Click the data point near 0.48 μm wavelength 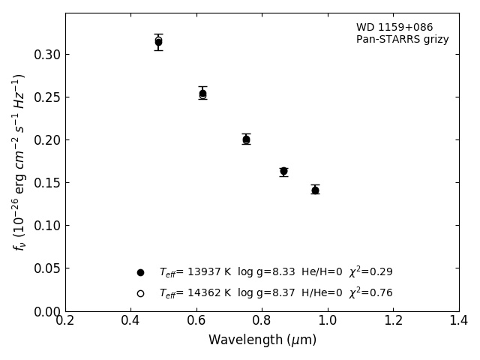click(x=158, y=42)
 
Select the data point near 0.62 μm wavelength click(x=202, y=94)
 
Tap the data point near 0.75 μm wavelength click(x=246, y=139)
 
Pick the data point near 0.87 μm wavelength click(x=283, y=171)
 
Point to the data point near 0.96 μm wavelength click(x=315, y=190)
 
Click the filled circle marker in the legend click(x=140, y=272)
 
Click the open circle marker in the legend click(x=140, y=293)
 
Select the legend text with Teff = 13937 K click(x=275, y=272)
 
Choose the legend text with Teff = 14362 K click(x=275, y=293)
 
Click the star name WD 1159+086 click(x=394, y=28)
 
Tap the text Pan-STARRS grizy click(x=403, y=40)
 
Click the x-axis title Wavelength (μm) click(x=262, y=340)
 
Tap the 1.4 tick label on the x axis click(x=459, y=321)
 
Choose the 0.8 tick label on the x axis click(x=262, y=321)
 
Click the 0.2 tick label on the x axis click(x=65, y=321)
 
